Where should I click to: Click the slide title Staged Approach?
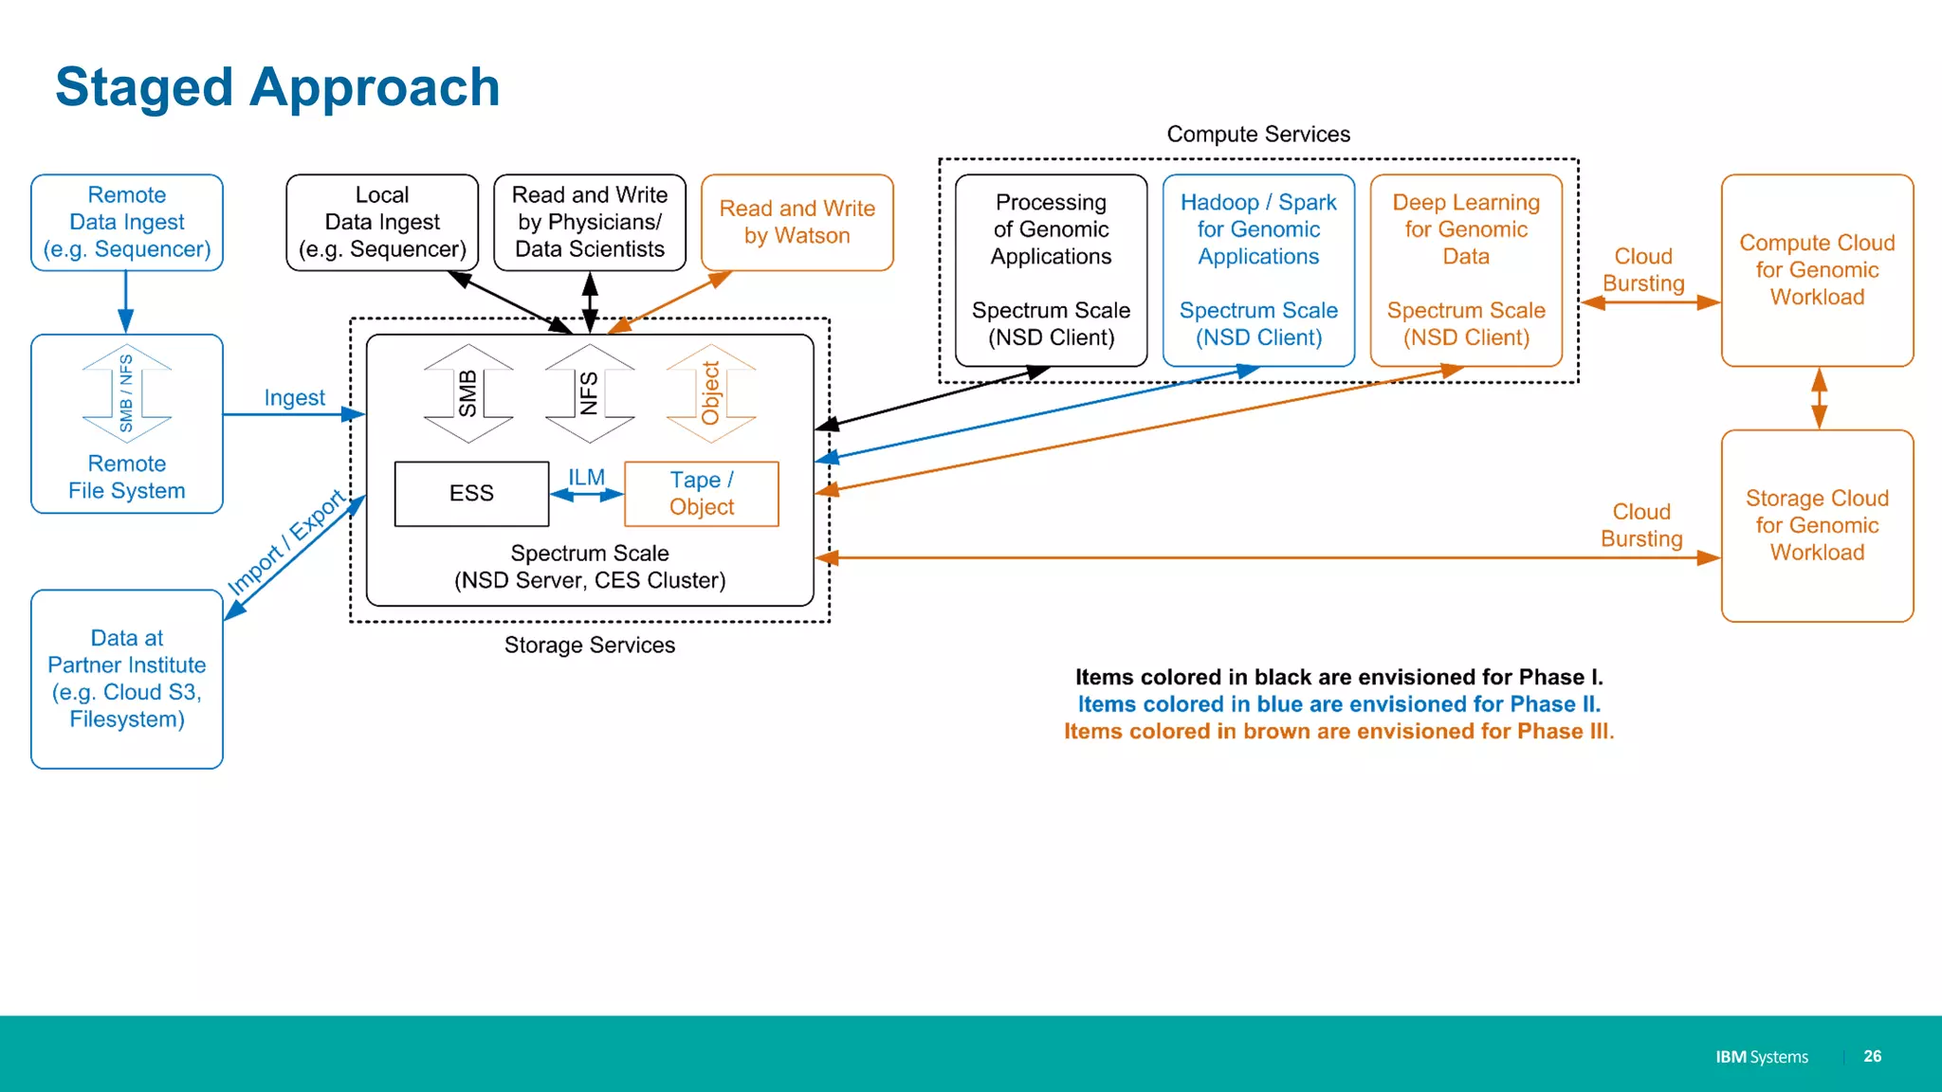click(x=277, y=87)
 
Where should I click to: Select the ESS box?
click(x=471, y=493)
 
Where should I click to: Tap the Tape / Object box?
click(x=702, y=493)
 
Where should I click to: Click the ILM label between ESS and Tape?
click(x=586, y=478)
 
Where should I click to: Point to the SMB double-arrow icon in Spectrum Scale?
click(x=468, y=393)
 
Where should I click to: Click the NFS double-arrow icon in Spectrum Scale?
click(x=590, y=393)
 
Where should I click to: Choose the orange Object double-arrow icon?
click(x=711, y=393)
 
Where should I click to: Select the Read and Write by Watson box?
click(x=797, y=222)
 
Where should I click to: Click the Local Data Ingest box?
click(x=382, y=222)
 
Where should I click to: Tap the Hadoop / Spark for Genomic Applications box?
click(x=1258, y=270)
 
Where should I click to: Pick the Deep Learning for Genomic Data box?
click(x=1466, y=270)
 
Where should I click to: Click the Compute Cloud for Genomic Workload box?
click(x=1817, y=270)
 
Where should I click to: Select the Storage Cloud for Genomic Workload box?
click(x=1817, y=525)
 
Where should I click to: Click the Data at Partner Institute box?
click(x=127, y=679)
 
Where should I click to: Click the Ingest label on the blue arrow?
click(x=294, y=398)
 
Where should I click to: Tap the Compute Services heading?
click(x=1258, y=135)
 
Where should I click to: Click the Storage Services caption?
click(x=590, y=646)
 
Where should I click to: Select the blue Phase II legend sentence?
click(x=1338, y=704)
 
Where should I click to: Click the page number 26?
click(x=1872, y=1056)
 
